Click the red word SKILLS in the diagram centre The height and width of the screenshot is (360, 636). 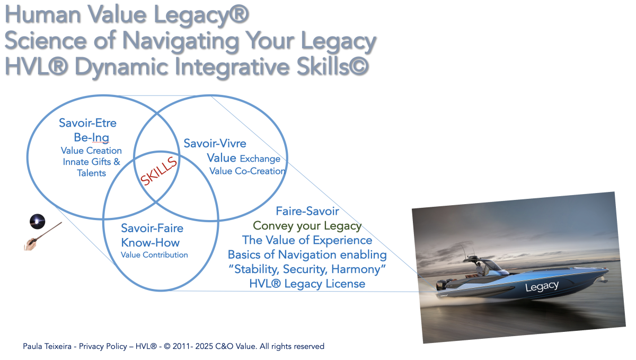pos(158,171)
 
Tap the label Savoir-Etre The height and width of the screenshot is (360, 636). pos(88,123)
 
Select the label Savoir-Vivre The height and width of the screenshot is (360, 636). pos(215,143)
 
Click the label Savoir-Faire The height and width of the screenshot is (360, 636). pos(152,228)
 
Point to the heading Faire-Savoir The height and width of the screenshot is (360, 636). pos(307,211)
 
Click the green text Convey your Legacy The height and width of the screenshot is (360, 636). pos(307,226)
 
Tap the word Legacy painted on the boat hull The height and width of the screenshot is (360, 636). pos(542,286)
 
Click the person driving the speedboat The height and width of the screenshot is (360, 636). pos(479,268)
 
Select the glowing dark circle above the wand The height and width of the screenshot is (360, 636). pos(38,221)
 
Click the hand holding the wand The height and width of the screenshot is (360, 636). pos(30,244)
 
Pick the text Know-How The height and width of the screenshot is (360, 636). pos(150,243)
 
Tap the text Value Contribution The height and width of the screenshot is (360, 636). pos(154,255)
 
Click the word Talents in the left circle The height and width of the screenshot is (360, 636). pos(91,173)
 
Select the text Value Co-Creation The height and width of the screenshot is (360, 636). pos(248,171)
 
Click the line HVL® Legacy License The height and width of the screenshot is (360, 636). pos(307,284)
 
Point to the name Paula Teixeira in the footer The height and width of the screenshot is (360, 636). pos(47,346)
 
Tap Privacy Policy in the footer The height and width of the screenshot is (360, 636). pos(103,346)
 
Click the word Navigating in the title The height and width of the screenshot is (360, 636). pos(180,41)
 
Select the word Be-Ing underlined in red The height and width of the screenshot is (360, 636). pos(91,138)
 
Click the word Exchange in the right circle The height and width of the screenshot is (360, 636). pos(260,159)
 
